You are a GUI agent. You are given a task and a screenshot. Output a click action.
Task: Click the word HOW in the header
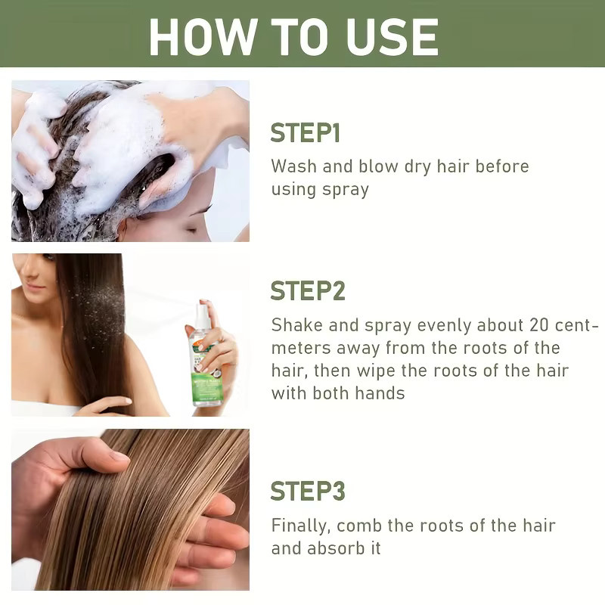(203, 37)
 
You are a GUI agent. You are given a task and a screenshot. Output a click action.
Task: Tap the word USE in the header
(392, 37)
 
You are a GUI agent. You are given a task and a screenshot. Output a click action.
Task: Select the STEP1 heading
(305, 133)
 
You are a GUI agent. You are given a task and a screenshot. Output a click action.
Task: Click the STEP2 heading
(308, 290)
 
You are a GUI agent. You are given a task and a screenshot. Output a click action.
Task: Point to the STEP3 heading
(308, 491)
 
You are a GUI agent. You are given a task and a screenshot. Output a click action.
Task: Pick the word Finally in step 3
(300, 526)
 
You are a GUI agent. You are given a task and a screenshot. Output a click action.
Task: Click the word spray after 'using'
(346, 190)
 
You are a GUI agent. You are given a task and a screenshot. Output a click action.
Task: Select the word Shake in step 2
(296, 325)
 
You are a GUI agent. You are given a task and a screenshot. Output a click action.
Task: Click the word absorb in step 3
(336, 548)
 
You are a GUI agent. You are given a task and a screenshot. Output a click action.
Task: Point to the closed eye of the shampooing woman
(192, 231)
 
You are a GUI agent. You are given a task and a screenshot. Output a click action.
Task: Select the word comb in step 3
(358, 526)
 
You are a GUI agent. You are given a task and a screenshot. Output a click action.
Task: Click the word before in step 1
(502, 166)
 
